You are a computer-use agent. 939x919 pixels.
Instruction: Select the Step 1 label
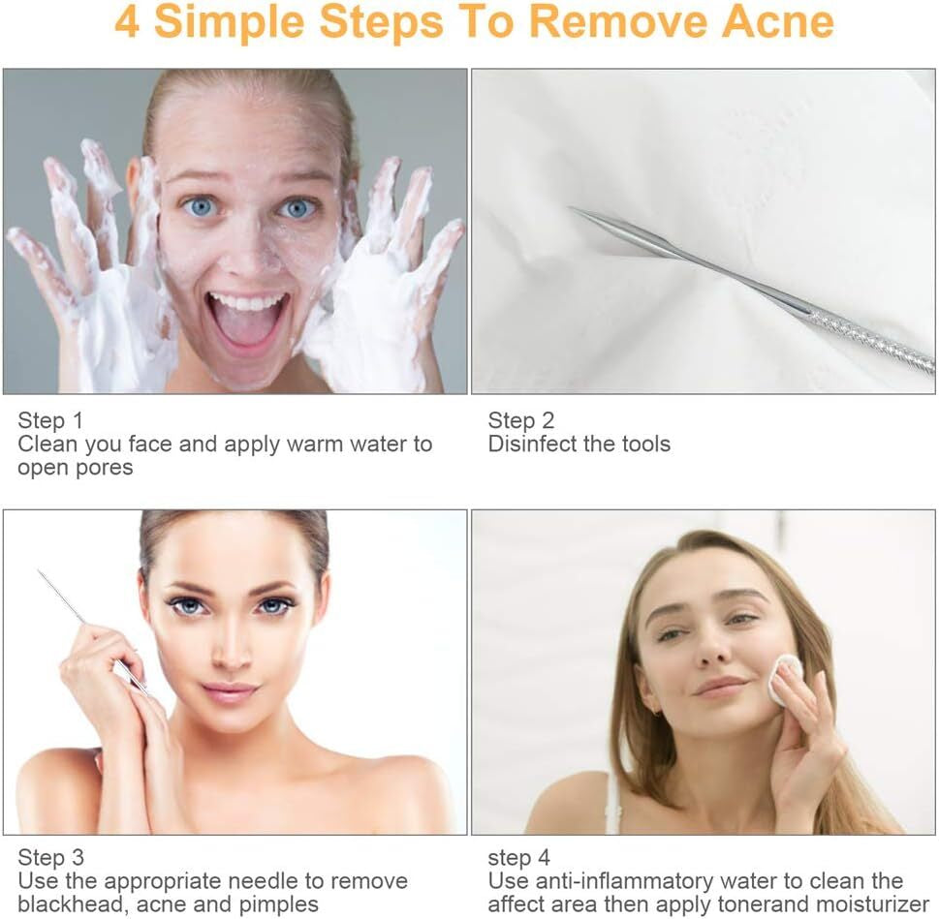[x=50, y=420]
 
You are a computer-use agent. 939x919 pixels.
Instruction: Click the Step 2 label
[x=521, y=420]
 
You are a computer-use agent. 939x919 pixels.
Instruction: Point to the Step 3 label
[x=50, y=857]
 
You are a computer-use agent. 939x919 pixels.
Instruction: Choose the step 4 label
[x=519, y=857]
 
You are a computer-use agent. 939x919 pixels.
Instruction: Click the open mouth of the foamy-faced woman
[x=247, y=320]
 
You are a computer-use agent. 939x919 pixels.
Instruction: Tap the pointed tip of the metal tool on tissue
[x=573, y=209]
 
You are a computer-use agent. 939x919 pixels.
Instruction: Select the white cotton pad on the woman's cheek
[x=784, y=679]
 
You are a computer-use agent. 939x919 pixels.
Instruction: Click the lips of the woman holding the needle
[x=230, y=691]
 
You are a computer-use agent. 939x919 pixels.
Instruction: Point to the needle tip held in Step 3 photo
[x=41, y=573]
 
